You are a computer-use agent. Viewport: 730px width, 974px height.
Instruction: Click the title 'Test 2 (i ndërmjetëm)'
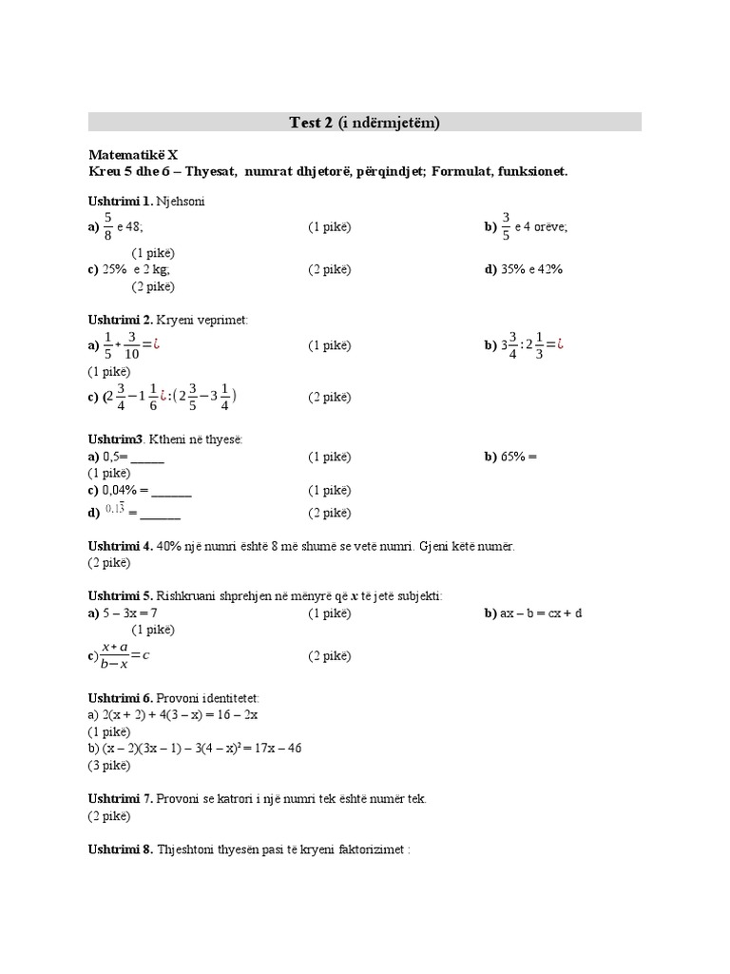364,122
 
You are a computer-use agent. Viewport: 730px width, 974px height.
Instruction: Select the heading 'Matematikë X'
133,154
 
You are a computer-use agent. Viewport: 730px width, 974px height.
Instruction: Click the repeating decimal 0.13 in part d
115,510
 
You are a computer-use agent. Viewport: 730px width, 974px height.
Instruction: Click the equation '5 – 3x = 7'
130,614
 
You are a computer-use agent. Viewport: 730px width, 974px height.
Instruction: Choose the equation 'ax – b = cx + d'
541,614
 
